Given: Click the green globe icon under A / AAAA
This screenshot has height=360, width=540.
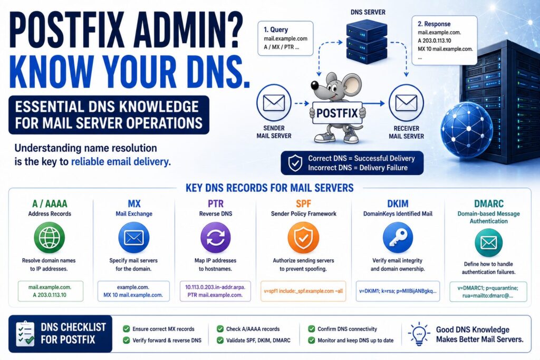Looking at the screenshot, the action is tap(49, 238).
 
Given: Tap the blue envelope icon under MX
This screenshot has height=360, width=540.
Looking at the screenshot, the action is tap(133, 238).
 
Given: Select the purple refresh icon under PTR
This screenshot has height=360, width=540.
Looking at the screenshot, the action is tap(216, 238).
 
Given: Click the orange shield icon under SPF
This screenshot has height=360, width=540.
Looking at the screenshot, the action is tap(303, 238).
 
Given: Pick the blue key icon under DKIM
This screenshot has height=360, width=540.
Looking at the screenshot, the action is tap(398, 238).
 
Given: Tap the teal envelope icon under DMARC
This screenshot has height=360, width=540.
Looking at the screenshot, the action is tap(488, 242).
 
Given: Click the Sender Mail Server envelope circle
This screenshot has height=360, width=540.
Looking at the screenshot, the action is tap(274, 103).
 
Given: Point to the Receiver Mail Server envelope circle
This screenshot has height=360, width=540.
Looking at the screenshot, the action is tap(407, 103).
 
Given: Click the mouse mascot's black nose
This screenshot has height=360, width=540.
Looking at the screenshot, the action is tap(314, 85).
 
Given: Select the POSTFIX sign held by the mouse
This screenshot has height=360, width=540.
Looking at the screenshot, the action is tap(337, 113).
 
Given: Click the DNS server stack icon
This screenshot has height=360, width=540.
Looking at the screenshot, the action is tap(367, 42).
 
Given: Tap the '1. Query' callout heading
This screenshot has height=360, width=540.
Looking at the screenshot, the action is tap(276, 30).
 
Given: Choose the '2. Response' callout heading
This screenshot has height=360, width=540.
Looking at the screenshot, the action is tap(434, 24).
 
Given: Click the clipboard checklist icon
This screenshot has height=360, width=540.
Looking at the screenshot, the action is tap(25, 334).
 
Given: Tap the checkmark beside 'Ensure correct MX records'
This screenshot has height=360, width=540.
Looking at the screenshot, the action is tap(127, 329).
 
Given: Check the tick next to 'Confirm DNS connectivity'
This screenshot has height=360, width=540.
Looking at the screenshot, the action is tap(311, 329).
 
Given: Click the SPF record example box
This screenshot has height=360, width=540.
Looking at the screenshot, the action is tap(303, 291).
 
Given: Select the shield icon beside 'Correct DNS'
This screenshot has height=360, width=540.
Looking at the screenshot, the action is tap(295, 163).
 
